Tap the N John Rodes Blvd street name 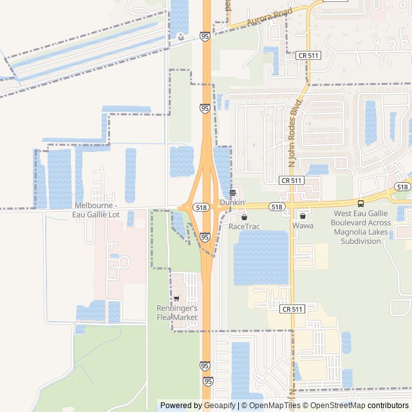click(x=296, y=133)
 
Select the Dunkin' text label click(x=232, y=202)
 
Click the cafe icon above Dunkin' click(x=233, y=192)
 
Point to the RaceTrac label click(x=243, y=227)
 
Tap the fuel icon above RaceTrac click(x=243, y=217)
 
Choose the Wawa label click(x=303, y=226)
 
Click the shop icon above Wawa click(x=303, y=216)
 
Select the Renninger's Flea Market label click(x=176, y=312)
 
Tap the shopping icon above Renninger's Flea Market click(x=176, y=299)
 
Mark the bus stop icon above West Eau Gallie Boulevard click(x=360, y=204)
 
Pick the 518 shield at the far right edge click(x=403, y=187)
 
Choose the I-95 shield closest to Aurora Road click(x=205, y=36)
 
